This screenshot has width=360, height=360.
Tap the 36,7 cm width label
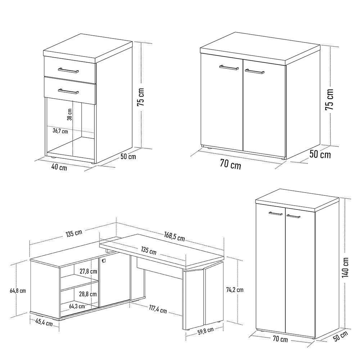click(x=60, y=131)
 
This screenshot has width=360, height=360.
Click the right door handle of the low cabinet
click(x=255, y=71)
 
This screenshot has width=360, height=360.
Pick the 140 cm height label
click(x=346, y=267)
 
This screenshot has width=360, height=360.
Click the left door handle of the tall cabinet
click(x=275, y=214)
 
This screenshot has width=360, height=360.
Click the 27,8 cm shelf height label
click(x=89, y=271)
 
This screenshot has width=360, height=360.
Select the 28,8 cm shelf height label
click(x=88, y=294)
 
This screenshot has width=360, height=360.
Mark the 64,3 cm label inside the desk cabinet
click(x=77, y=306)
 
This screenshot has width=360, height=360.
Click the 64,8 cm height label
click(x=17, y=290)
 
